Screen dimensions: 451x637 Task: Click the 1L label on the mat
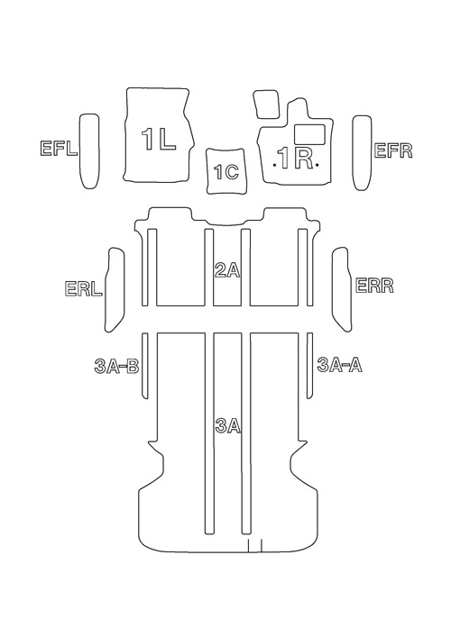(x=158, y=139)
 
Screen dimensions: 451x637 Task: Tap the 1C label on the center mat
(x=226, y=172)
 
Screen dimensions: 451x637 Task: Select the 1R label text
(x=295, y=158)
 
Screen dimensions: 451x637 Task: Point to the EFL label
(x=59, y=149)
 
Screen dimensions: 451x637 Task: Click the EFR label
(x=393, y=150)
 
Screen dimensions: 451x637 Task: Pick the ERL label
(x=83, y=288)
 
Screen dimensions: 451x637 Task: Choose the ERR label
(x=374, y=286)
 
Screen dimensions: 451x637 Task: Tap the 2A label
(x=227, y=271)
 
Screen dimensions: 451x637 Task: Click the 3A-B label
(x=116, y=367)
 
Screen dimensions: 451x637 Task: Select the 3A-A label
(x=339, y=365)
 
